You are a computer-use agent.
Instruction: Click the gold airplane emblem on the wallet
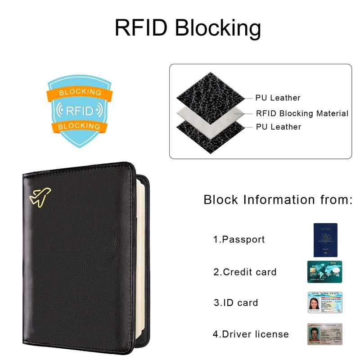(40, 196)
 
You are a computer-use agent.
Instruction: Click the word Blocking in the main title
(217, 28)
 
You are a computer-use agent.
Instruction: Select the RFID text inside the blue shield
(79, 111)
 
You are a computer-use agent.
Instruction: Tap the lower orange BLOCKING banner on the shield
(79, 126)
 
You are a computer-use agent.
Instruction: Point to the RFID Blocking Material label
(302, 113)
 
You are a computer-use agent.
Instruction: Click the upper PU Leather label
(278, 98)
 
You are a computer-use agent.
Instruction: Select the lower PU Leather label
(278, 127)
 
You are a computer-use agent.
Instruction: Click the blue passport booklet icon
(325, 239)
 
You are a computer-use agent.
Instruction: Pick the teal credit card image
(325, 271)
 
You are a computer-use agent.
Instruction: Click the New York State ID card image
(325, 302)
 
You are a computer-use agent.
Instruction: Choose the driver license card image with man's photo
(325, 333)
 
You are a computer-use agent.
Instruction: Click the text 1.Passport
(239, 239)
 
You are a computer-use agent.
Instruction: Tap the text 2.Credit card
(245, 272)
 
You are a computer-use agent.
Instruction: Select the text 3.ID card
(236, 303)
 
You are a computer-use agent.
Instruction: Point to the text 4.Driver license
(251, 334)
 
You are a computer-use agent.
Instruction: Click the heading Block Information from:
(278, 200)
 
